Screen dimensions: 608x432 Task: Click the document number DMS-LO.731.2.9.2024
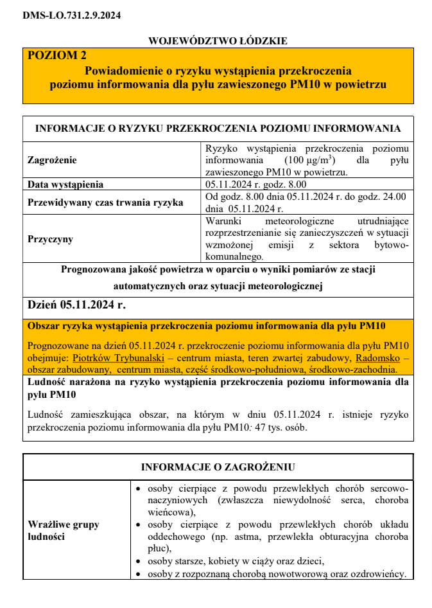coord(71,15)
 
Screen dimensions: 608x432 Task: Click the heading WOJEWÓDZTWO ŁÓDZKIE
coord(218,41)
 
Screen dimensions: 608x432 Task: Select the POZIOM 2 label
coord(56,56)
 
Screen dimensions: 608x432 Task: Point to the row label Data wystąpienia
coord(65,185)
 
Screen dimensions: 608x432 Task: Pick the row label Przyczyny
coord(50,239)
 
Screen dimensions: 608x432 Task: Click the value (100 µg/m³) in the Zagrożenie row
coord(308,160)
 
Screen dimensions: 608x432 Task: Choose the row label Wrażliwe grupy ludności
coord(64,530)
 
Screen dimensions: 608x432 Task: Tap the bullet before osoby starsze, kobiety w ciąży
coord(139,560)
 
